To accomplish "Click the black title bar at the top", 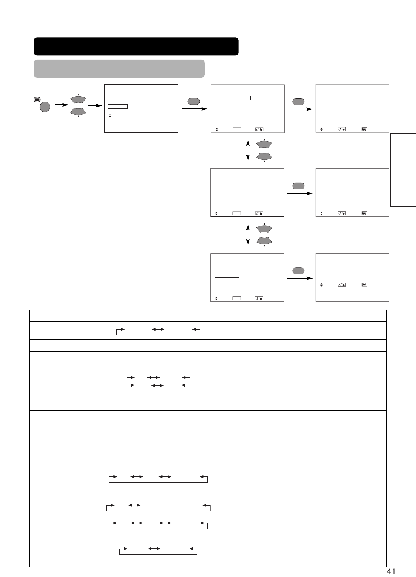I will click(136, 46).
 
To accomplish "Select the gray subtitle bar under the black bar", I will click(119, 68).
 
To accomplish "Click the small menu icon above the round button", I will click(37, 99).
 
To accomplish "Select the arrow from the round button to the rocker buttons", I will click(61, 105).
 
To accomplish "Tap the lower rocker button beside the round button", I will click(78, 111).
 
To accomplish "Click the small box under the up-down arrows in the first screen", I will click(112, 120).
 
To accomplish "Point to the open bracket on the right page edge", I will click(403, 170).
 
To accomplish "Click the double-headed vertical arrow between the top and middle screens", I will click(248, 151).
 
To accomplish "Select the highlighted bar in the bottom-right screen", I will click(337, 262).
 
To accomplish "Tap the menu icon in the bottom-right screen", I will click(364, 285).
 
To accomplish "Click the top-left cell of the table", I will click(62, 316).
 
